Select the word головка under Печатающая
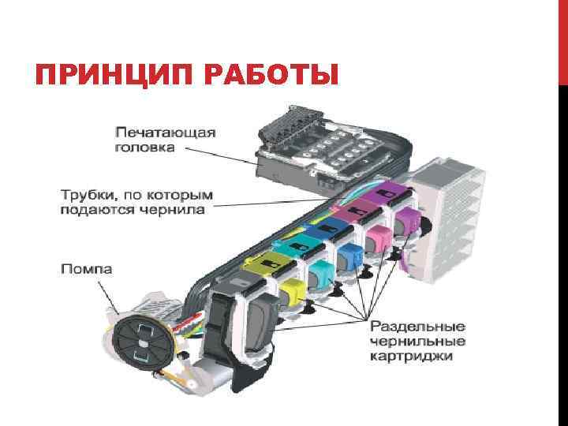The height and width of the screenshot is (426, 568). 146,147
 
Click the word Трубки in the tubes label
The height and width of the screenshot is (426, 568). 86,194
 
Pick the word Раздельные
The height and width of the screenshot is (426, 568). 418,326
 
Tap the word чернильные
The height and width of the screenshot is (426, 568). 418,341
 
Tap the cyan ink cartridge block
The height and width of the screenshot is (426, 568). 321,273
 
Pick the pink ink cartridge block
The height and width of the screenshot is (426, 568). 376,236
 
